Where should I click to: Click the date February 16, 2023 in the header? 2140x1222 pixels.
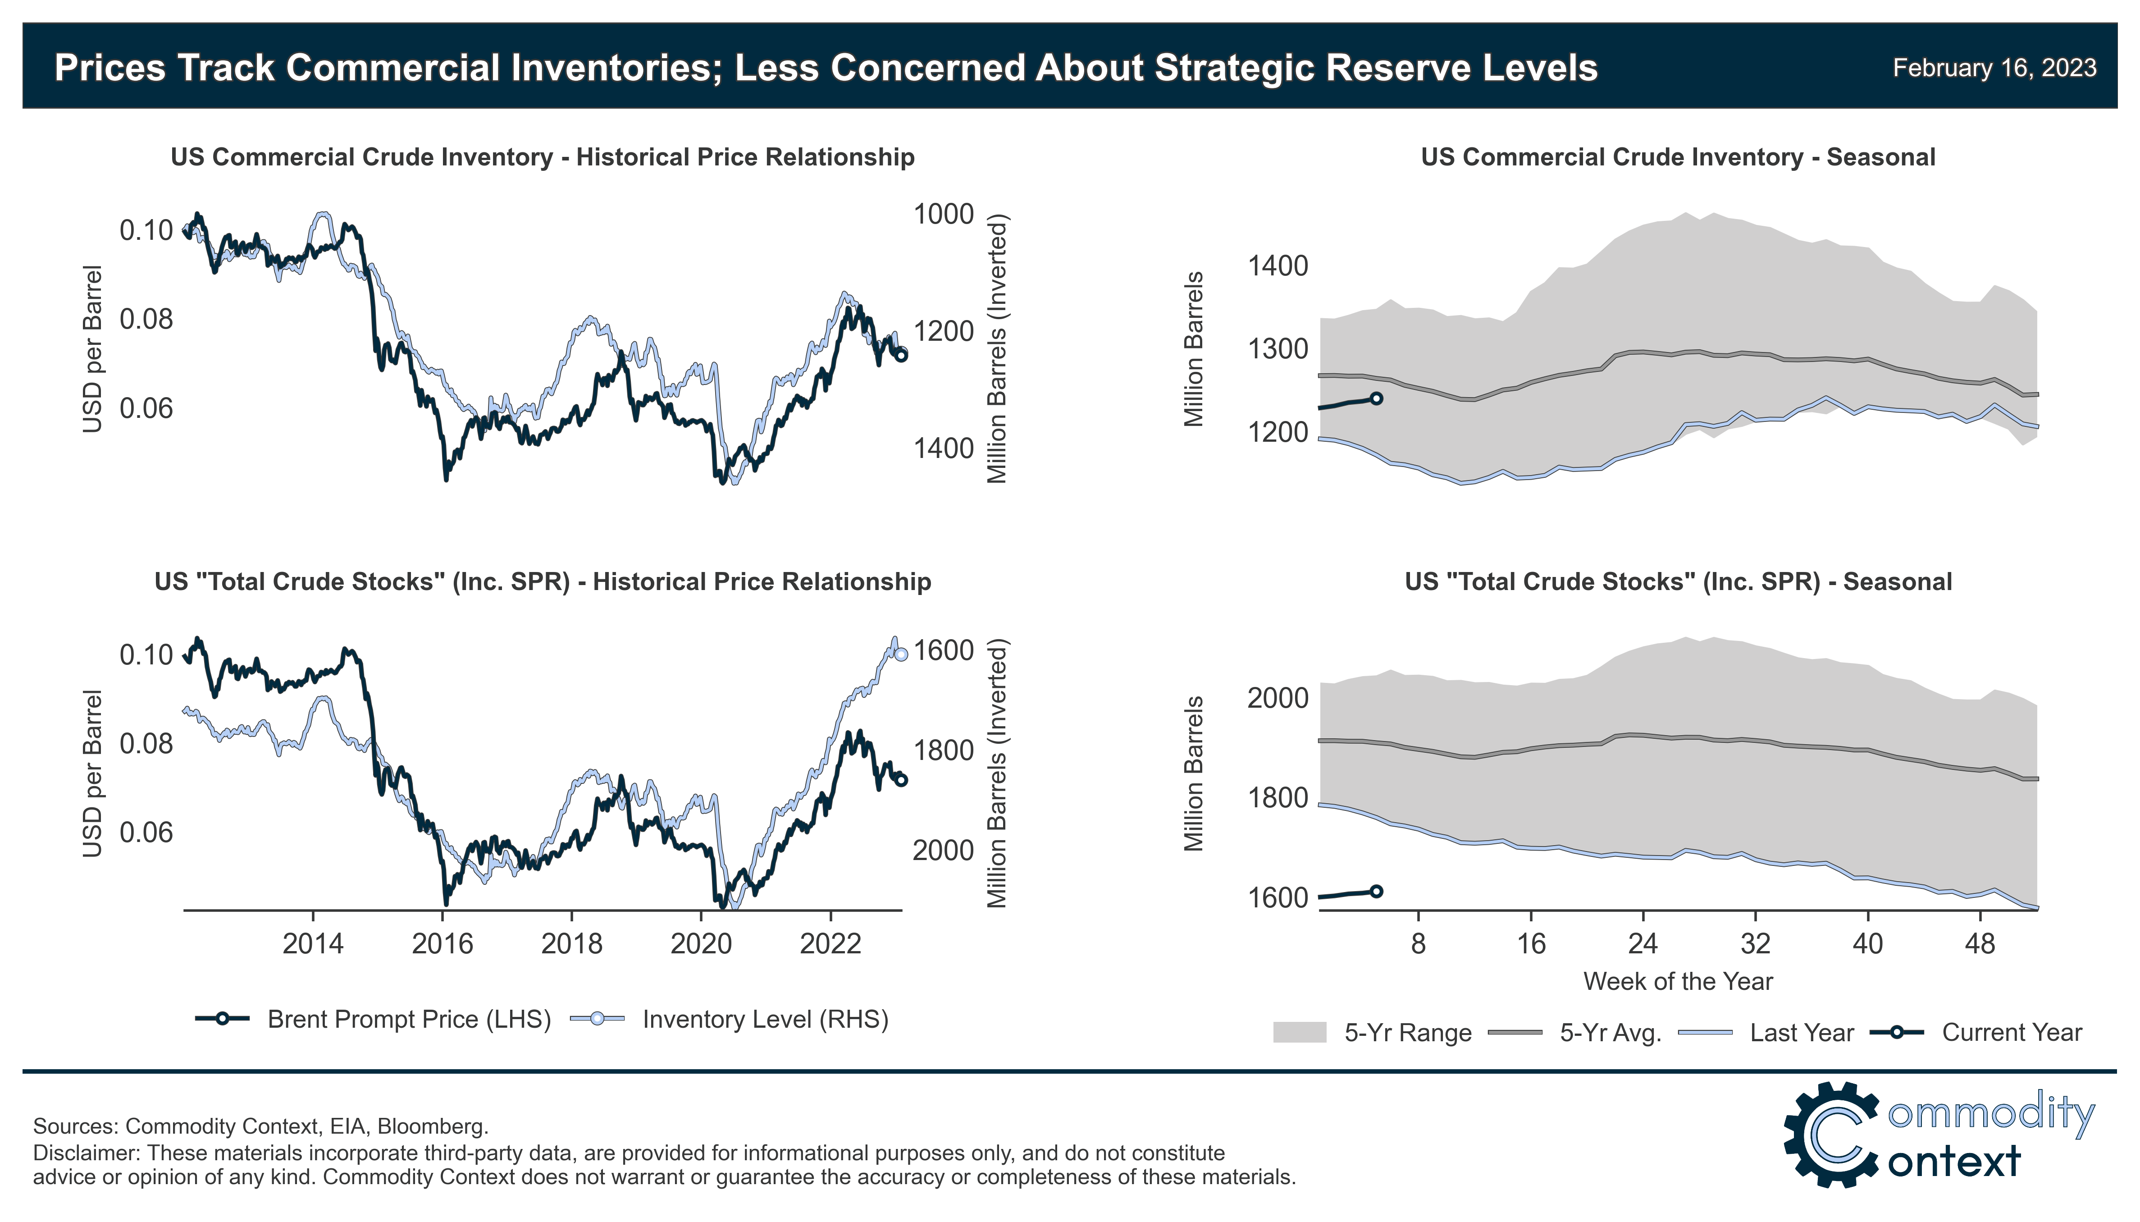[x=1994, y=68]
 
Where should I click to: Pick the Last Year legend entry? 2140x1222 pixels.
[x=1801, y=1032]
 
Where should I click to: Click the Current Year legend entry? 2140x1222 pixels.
[x=2011, y=1032]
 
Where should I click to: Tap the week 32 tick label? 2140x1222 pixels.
[x=1755, y=944]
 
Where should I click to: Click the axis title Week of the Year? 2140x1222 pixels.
[x=1678, y=981]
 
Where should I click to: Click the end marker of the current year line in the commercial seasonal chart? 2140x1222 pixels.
[x=1376, y=398]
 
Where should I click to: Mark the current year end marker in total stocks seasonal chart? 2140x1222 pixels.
[x=1376, y=891]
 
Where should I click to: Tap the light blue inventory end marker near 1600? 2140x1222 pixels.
[x=901, y=654]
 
